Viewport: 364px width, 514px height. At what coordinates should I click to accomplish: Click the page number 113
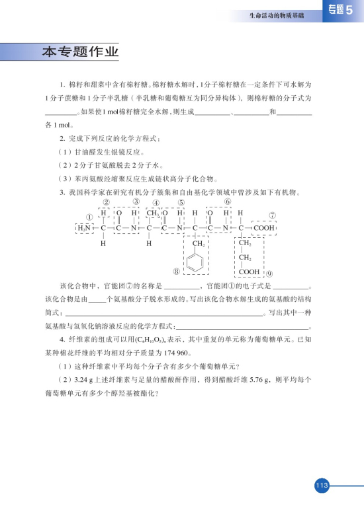322,486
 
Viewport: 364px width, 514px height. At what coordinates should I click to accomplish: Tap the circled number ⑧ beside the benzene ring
177,271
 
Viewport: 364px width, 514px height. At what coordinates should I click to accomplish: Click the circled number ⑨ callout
270,272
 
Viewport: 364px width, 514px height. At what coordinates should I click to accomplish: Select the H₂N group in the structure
85,229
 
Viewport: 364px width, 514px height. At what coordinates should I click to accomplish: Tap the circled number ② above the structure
107,202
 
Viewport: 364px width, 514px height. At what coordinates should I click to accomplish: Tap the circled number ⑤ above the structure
181,203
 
